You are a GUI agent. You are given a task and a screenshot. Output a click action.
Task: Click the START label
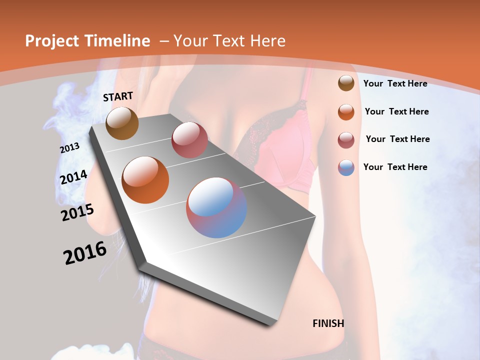(118, 96)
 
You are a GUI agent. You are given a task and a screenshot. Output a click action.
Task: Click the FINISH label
(328, 323)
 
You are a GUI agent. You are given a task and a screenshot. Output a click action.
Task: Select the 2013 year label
(69, 148)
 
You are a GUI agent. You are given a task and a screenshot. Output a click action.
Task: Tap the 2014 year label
(73, 177)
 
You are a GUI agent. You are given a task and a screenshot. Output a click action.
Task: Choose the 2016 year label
(85, 253)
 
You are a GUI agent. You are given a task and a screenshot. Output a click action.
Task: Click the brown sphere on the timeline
(122, 123)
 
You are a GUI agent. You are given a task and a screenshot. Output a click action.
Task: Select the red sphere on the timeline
(189, 140)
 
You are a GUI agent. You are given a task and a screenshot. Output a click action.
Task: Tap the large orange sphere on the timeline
(145, 179)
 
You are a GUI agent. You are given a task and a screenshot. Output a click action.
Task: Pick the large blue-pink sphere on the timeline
(216, 207)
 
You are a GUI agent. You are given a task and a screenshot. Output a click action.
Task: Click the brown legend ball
(346, 83)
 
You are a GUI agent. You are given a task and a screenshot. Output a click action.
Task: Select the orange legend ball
(346, 112)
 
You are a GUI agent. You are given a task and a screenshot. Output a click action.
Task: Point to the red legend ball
(346, 139)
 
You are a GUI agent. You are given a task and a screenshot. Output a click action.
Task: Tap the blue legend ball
(346, 167)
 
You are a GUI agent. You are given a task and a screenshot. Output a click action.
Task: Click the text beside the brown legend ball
(395, 83)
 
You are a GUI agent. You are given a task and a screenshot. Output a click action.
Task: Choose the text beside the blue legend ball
(395, 167)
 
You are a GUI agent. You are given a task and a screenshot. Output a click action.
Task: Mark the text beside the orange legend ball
(396, 111)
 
